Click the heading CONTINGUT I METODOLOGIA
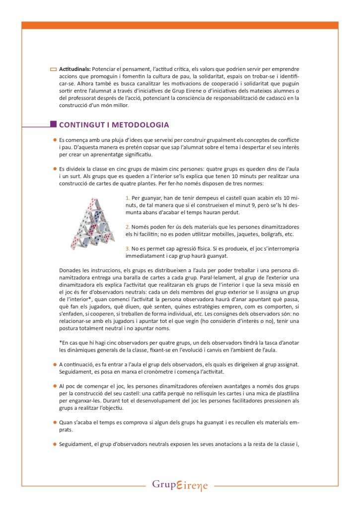tap(114, 125)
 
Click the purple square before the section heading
tap(53, 125)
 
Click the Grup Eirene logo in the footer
tap(180, 485)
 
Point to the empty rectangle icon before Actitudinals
tap(54, 69)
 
